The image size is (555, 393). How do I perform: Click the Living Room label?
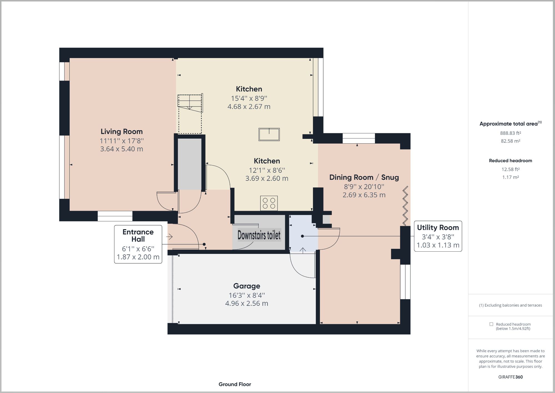[122, 131]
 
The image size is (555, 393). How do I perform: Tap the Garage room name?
[247, 286]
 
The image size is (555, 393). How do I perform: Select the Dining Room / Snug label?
[364, 177]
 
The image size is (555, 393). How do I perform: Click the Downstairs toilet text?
[259, 235]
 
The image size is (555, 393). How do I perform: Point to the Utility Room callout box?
[438, 236]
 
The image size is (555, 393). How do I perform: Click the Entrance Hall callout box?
[138, 244]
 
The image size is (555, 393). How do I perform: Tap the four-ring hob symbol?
[269, 203]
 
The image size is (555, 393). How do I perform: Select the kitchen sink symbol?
[269, 134]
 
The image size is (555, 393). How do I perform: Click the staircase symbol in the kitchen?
[190, 114]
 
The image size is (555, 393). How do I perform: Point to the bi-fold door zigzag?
[405, 206]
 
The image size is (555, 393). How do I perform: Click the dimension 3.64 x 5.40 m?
[122, 149]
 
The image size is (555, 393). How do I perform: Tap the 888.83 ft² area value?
[511, 133]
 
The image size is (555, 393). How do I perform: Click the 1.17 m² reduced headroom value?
[511, 177]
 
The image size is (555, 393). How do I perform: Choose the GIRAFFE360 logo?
[511, 377]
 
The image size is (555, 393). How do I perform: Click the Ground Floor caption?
[235, 384]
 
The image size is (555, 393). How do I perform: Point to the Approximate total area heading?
[511, 124]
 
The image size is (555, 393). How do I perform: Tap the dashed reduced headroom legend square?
[491, 324]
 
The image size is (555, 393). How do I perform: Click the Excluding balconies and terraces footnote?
[511, 305]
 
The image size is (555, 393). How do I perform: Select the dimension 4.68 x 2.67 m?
[249, 107]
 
